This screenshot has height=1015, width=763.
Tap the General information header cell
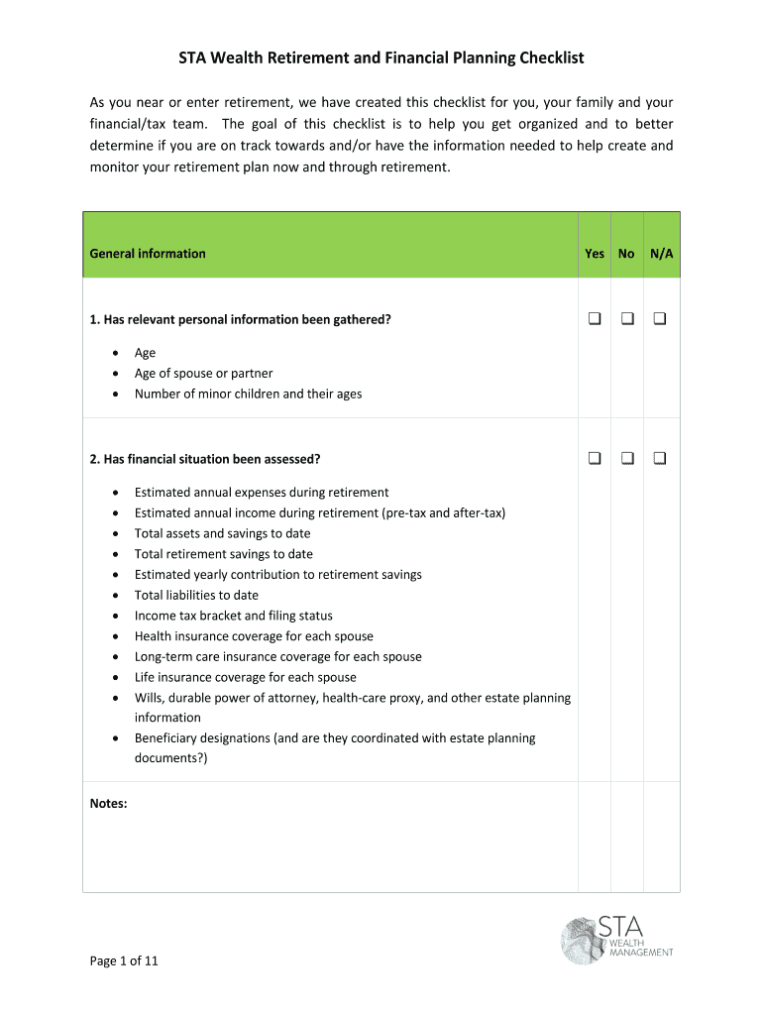148,254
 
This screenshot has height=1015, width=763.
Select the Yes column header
595,254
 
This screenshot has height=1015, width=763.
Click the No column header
626,254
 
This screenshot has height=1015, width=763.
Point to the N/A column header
662,254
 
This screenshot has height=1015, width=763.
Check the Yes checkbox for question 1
595,319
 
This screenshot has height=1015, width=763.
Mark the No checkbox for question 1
627,319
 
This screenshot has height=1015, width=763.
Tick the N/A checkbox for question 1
660,319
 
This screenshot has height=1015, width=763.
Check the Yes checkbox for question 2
595,458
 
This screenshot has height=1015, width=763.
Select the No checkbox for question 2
627,458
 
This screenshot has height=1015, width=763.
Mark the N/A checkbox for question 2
660,458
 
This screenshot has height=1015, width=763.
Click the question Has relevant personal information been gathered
241,319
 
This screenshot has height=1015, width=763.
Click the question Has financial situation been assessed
205,459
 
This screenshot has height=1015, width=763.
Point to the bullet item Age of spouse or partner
203,374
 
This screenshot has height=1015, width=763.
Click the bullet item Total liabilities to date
196,596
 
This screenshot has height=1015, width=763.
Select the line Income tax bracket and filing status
233,616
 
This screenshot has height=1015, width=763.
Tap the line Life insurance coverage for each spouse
245,677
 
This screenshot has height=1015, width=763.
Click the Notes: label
108,804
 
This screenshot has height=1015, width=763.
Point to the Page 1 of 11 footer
124,960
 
